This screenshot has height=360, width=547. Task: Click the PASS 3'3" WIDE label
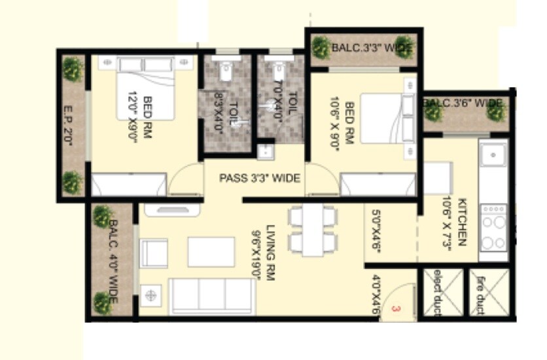259,177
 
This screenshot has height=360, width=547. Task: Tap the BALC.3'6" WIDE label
463,103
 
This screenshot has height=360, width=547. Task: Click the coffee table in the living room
211,252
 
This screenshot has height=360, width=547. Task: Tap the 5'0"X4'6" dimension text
376,226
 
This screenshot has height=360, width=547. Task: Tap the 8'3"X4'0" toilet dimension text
220,112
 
